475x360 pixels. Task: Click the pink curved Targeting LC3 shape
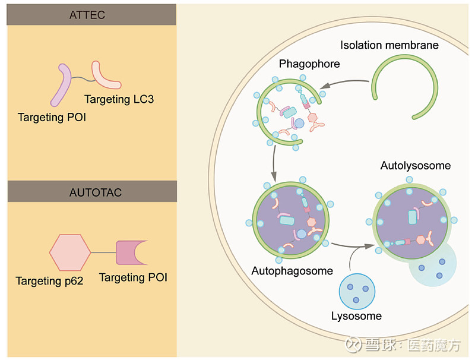tap(103, 75)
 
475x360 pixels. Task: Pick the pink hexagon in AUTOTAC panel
tap(70, 252)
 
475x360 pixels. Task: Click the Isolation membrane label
tap(389, 45)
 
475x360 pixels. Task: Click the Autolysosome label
tap(415, 166)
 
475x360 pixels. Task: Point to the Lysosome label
tap(356, 315)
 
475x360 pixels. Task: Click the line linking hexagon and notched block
tap(103, 252)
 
